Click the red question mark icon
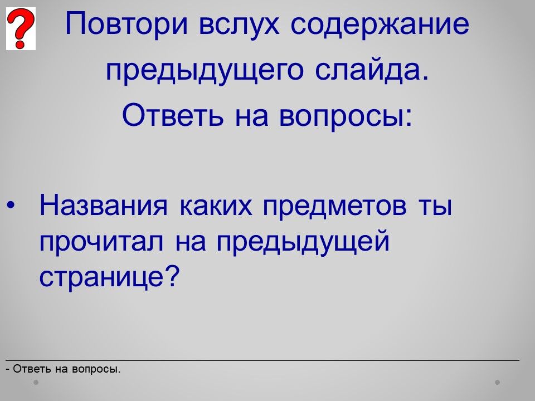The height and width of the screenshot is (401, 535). tap(21, 28)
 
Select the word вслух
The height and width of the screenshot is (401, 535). tap(239, 25)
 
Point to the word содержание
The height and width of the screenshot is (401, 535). tap(380, 25)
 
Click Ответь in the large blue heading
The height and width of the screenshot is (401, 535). tap(173, 115)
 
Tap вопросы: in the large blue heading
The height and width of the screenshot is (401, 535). tap(346, 116)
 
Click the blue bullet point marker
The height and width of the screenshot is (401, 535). tap(11, 205)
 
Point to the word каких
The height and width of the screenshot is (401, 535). tap(216, 206)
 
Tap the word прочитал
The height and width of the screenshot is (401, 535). tap(101, 242)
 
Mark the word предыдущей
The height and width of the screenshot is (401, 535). tap(303, 242)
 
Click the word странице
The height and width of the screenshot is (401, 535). tap(102, 277)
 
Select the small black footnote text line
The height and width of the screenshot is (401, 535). tap(63, 369)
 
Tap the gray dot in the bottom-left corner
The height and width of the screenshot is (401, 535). tap(36, 383)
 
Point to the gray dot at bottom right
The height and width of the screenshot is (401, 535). tap(498, 383)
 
